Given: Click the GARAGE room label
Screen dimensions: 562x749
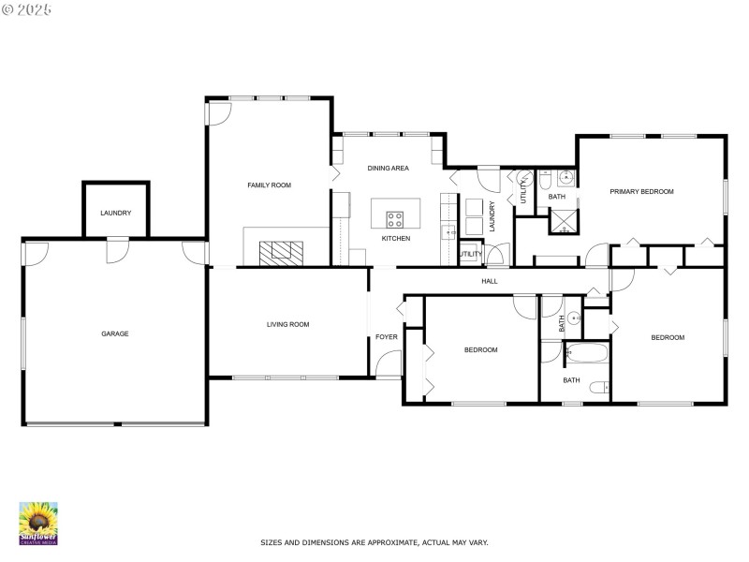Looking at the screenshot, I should click(115, 333).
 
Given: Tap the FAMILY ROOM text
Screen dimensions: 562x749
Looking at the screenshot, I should click(269, 185).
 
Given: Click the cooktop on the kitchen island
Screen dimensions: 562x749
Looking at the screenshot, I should click(395, 220).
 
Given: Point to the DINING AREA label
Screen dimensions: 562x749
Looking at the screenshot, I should click(388, 169).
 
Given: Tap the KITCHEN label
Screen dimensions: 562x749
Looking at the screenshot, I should click(395, 239).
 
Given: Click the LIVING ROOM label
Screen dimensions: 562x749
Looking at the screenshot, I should click(287, 324).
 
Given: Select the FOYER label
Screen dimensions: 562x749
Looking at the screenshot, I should click(386, 337).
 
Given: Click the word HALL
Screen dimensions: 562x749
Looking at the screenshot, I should click(489, 281).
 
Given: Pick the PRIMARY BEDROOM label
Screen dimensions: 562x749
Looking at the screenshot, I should click(641, 191).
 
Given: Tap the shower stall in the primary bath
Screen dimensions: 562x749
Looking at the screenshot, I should click(564, 221).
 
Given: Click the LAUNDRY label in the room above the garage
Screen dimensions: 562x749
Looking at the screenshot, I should click(116, 213).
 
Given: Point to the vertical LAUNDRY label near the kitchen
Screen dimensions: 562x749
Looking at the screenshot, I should click(492, 217).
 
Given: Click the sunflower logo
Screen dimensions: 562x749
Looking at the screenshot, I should click(38, 523).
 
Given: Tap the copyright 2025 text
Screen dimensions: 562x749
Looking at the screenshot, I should click(28, 8).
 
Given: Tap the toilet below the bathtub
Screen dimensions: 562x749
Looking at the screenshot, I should click(604, 387).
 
